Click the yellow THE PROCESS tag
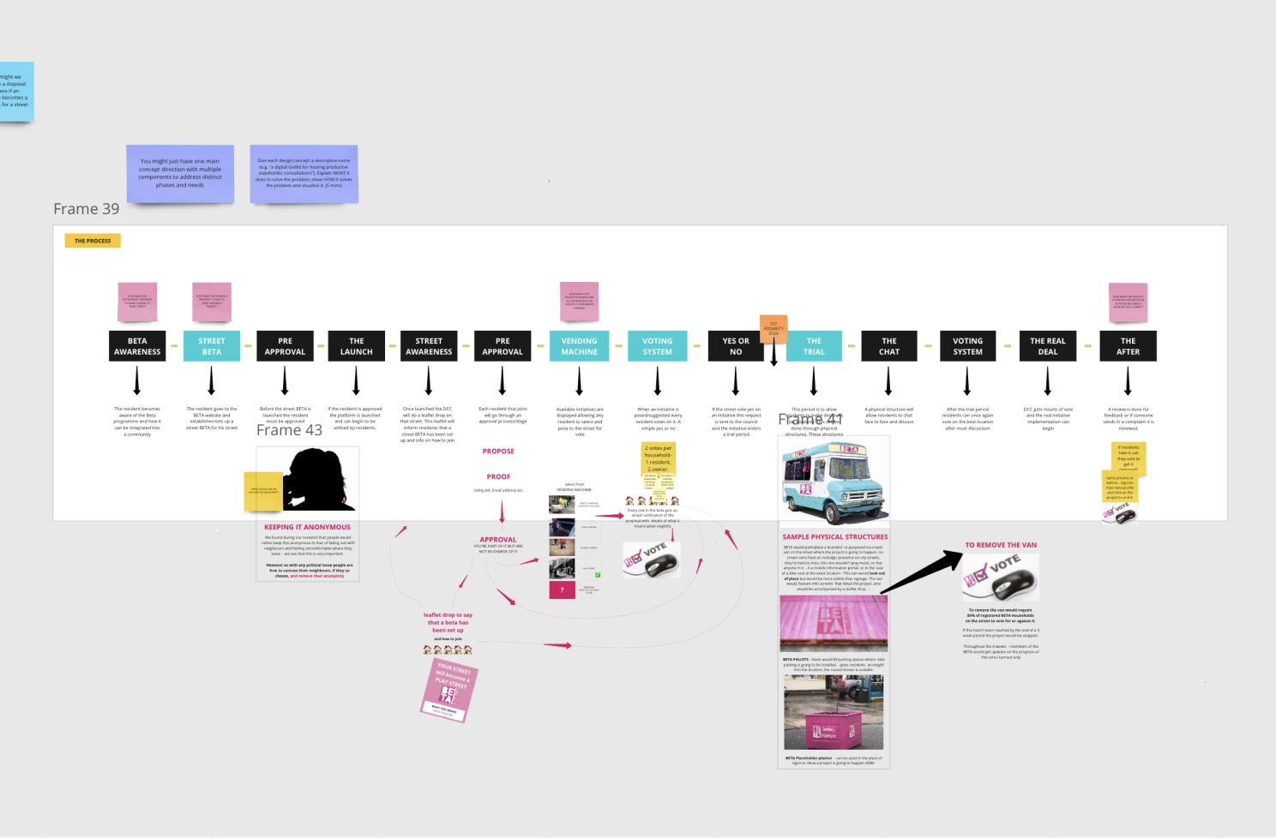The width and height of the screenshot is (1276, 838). point(93,241)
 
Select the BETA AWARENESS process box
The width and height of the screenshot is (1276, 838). point(137,346)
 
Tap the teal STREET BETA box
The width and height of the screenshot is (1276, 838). point(212,346)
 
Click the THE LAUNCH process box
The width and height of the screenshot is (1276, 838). point(356,346)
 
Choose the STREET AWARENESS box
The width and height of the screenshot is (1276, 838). point(429,346)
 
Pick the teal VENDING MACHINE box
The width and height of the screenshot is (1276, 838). point(579,346)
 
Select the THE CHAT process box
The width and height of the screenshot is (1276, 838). point(889,346)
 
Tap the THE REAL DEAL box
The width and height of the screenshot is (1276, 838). point(1047,346)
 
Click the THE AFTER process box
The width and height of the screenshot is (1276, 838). point(1128,346)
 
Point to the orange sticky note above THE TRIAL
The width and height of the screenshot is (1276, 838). point(773,328)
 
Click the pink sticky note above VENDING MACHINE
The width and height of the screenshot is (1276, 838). point(579,301)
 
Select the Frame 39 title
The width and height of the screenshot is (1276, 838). point(87,209)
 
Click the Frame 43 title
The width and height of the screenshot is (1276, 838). point(289,430)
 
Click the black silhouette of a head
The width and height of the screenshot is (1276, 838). point(319,481)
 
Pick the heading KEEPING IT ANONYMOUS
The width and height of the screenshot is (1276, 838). point(307,527)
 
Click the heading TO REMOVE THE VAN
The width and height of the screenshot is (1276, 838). point(1001,545)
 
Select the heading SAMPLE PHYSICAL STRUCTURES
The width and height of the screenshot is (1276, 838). point(834,537)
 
